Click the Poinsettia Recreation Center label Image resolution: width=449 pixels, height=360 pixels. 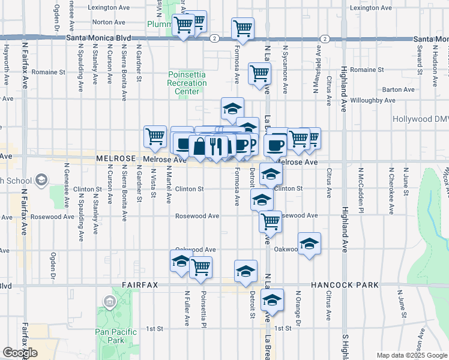click(187, 83)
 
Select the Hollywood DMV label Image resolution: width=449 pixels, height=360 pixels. click(420, 119)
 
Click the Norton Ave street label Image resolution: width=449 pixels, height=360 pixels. click(109, 22)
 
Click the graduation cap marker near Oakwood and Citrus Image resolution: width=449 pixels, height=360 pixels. click(309, 244)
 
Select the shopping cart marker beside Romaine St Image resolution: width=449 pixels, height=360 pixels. click(259, 73)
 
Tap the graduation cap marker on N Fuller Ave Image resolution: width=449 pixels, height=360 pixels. click(181, 260)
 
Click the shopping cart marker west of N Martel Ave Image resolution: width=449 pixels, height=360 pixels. click(155, 136)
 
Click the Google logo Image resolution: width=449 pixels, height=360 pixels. click(20, 353)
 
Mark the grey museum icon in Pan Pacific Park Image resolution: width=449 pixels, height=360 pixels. click(110, 301)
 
